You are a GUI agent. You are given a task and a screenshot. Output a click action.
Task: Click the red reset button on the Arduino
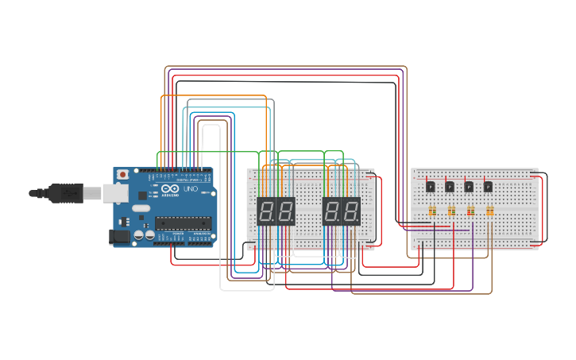pyautogui.click(x=122, y=174)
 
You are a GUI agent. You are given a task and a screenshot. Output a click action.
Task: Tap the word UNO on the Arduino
pyautogui.click(x=191, y=190)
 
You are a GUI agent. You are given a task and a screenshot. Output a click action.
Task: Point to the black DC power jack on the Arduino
pyautogui.click(x=118, y=236)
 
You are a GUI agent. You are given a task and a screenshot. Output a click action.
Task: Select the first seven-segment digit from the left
pyautogui.click(x=267, y=211)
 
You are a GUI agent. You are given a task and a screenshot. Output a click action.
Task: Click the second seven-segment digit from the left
pyautogui.click(x=285, y=211)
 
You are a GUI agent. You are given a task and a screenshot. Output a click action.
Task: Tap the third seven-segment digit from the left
pyautogui.click(x=332, y=211)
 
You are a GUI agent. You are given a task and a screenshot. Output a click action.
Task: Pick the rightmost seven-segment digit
pyautogui.click(x=350, y=211)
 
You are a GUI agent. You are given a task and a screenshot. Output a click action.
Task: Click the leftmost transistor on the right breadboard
pyautogui.click(x=431, y=187)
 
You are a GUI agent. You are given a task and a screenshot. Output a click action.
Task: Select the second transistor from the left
pyautogui.click(x=450, y=187)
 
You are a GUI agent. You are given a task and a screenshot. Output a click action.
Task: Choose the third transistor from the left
pyautogui.click(x=469, y=187)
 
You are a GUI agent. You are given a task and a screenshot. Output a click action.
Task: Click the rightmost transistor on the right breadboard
pyautogui.click(x=488, y=187)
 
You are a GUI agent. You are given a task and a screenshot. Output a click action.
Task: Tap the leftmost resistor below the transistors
pyautogui.click(x=432, y=211)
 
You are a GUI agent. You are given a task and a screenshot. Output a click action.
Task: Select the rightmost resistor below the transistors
pyautogui.click(x=489, y=211)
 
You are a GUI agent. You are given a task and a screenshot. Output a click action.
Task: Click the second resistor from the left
pyautogui.click(x=451, y=211)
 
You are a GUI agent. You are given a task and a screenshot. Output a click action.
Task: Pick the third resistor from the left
pyautogui.click(x=470, y=211)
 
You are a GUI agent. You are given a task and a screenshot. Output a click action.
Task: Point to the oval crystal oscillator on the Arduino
pyautogui.click(x=141, y=208)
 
